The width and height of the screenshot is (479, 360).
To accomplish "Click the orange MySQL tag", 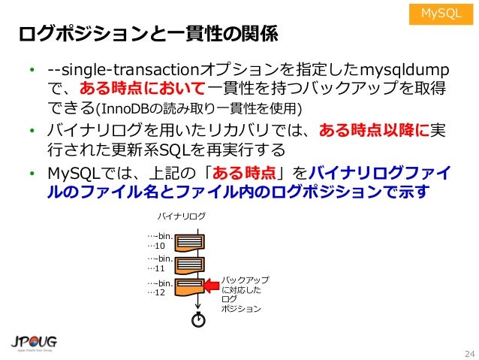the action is pyautogui.click(x=441, y=14).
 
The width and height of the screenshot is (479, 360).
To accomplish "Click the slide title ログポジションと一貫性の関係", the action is pyautogui.click(x=149, y=35).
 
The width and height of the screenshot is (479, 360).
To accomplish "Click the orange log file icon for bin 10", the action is pyautogui.click(x=191, y=242).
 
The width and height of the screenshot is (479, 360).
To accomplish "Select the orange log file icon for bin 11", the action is pyautogui.click(x=191, y=265).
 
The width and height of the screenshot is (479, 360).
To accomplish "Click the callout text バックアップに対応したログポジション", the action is pyautogui.click(x=240, y=294).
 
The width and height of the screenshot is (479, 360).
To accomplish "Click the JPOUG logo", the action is pyautogui.click(x=35, y=341).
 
